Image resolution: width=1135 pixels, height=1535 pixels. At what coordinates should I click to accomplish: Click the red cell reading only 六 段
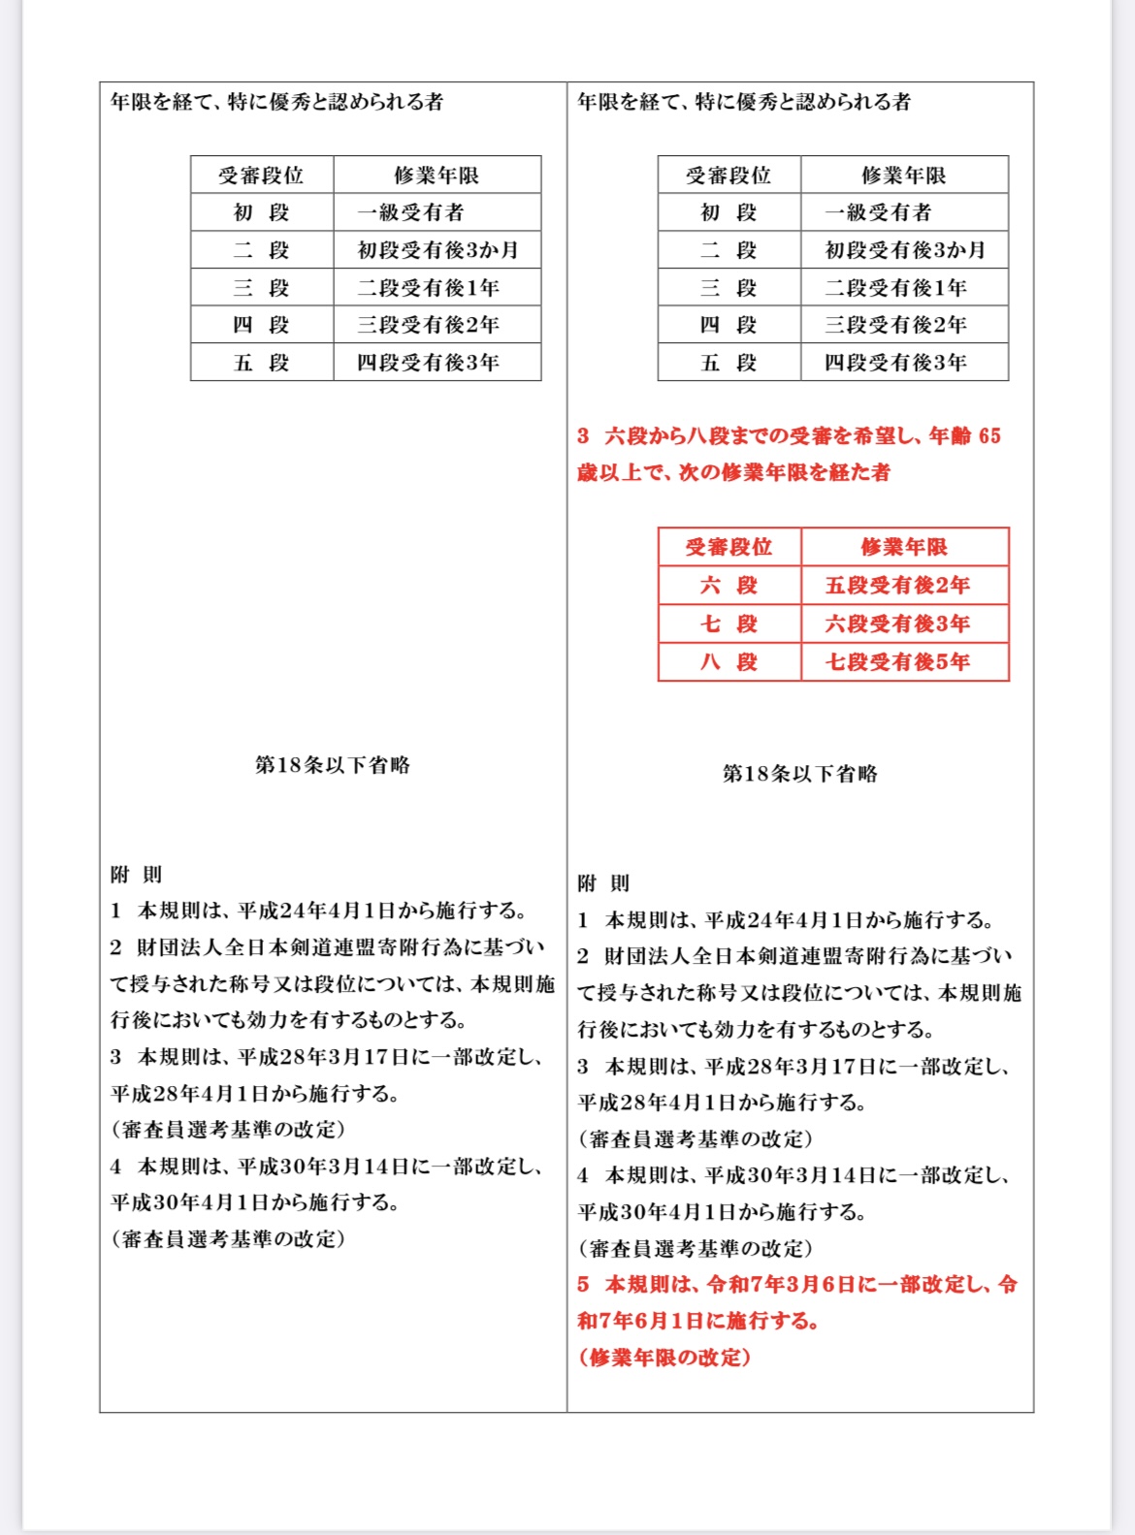coord(730,586)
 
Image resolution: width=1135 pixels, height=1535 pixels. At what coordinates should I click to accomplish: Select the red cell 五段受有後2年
coord(897,586)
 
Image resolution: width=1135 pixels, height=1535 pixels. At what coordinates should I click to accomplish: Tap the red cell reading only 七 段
coord(730,624)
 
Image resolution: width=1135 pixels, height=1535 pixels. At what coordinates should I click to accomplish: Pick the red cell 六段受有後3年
coord(897,624)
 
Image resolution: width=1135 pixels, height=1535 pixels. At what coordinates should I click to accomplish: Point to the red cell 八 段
coord(730,662)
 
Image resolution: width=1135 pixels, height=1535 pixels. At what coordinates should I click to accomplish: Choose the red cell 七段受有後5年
coord(897,662)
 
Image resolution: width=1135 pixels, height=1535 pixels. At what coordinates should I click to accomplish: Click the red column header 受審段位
coord(730,547)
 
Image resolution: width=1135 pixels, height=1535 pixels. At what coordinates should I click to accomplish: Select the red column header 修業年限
coord(904,547)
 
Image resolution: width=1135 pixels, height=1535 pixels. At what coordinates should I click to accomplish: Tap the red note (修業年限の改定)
coord(665,1358)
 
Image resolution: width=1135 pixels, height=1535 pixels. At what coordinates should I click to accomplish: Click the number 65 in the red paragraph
coord(989,436)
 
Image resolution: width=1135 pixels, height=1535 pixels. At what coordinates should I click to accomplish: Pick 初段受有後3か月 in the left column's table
coord(438,250)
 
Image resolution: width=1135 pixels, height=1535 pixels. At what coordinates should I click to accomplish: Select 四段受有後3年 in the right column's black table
coord(895,363)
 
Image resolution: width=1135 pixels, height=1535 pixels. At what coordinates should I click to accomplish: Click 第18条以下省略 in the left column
coord(333,765)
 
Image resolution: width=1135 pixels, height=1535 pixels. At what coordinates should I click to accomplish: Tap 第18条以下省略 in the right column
coord(800,774)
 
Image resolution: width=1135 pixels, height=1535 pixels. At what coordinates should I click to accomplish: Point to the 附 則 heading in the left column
coord(136,875)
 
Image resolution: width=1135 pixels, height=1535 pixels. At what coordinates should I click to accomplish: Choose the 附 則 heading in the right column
coord(603,883)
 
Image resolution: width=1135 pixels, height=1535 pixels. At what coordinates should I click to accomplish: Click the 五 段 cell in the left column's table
coord(262,363)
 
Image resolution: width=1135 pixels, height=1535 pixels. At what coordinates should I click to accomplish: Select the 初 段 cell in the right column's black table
coord(729,212)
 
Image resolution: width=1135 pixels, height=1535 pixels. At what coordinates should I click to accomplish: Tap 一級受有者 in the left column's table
coord(410,212)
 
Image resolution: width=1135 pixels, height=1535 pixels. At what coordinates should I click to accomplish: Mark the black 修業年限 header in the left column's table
coord(437,176)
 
